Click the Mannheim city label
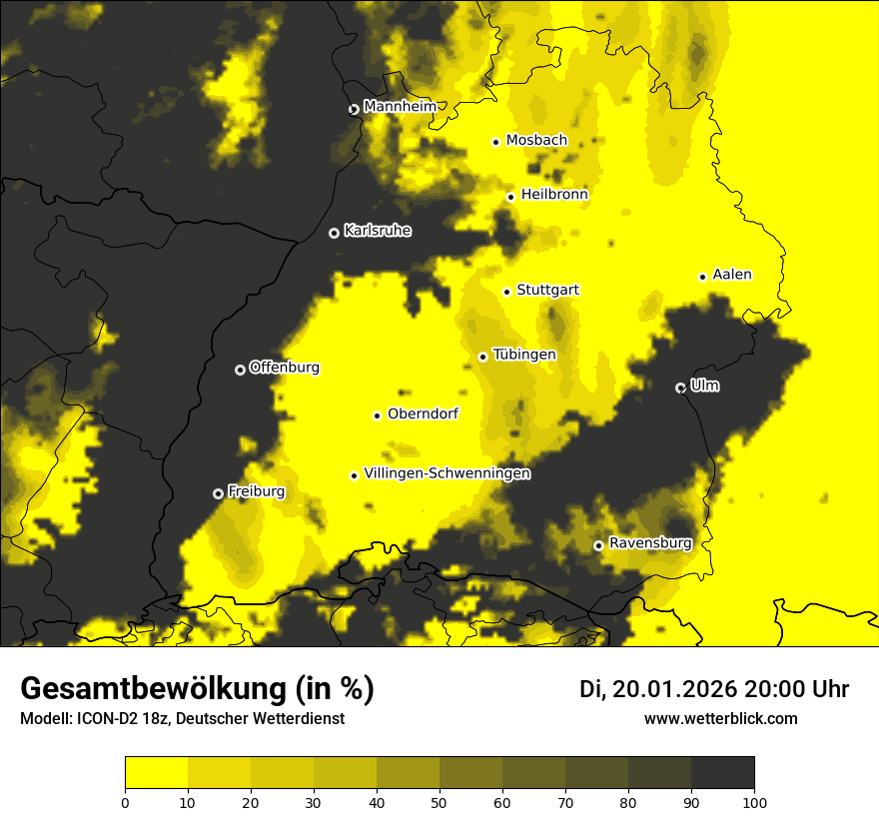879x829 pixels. [400, 107]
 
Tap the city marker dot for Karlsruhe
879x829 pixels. [334, 233]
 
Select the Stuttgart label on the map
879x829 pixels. [547, 291]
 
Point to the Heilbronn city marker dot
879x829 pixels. [510, 197]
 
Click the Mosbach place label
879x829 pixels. [536, 141]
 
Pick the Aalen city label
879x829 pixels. [732, 275]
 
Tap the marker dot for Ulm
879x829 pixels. [680, 388]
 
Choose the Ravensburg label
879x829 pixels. [650, 544]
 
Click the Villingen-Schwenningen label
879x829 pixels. [446, 473]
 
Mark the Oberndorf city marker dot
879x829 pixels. [377, 415]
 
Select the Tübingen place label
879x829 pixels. [524, 355]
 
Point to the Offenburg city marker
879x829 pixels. [240, 370]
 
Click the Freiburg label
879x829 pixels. [256, 491]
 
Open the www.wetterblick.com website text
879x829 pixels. [720, 718]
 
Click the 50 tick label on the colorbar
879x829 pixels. [439, 801]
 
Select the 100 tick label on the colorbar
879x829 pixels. [753, 801]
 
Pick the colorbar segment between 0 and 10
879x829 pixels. [156, 773]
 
